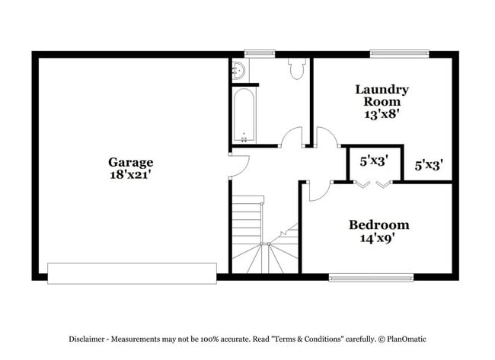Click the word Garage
click(x=130, y=162)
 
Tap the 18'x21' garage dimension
click(x=130, y=174)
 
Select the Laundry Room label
click(x=382, y=95)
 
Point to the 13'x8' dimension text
click(x=382, y=114)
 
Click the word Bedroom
click(x=378, y=225)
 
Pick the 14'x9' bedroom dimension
click(x=378, y=238)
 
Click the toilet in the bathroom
click(x=296, y=69)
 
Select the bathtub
click(x=244, y=116)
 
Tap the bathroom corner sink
click(x=238, y=70)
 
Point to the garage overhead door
click(x=132, y=272)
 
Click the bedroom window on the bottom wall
click(x=371, y=278)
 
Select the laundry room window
click(x=399, y=53)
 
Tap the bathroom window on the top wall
click(x=259, y=53)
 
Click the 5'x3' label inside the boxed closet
click(x=373, y=161)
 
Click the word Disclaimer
click(x=92, y=338)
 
